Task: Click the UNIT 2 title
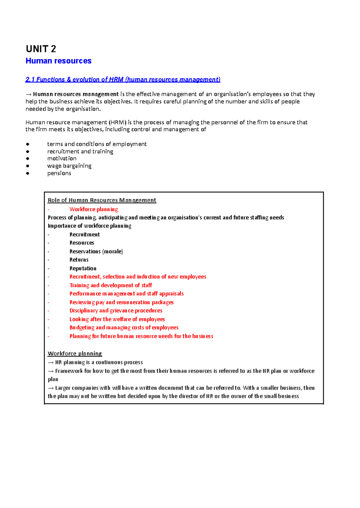coord(41,49)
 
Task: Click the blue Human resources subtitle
coord(58,61)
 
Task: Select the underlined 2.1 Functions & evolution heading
coord(123,79)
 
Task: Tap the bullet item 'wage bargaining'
coord(69,166)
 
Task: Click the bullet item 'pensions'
coord(59,173)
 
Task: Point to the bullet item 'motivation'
coord(62,158)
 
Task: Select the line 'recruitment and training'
coord(80,151)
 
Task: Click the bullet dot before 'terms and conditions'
coord(28,144)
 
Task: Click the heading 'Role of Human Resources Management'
coord(102,200)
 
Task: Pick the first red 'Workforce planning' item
coord(94,209)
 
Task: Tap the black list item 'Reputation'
coord(83,268)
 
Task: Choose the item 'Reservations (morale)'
coord(96,251)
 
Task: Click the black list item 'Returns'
coord(79,260)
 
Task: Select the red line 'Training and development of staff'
coord(111,285)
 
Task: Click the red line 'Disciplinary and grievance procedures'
coord(116,311)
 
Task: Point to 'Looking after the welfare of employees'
coord(117,319)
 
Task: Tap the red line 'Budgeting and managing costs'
coord(124,327)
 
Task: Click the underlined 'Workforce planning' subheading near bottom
coord(75,354)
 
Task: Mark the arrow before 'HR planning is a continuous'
coord(51,363)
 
